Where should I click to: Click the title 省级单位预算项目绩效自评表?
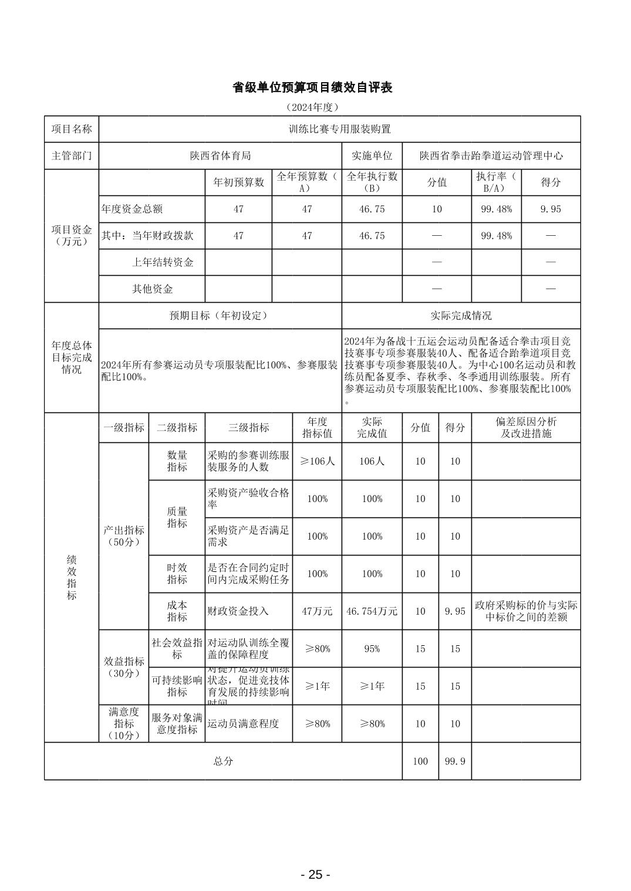click(x=312, y=87)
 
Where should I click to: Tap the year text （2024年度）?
click(x=312, y=107)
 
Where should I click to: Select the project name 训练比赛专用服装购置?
click(x=339, y=129)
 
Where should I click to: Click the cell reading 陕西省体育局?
click(x=220, y=156)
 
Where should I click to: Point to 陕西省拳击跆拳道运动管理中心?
click(x=491, y=156)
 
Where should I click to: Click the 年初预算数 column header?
click(x=238, y=182)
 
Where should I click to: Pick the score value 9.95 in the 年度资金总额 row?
click(x=551, y=209)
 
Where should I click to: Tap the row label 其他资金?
click(x=152, y=289)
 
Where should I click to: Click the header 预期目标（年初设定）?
click(x=220, y=316)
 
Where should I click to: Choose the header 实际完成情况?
click(x=461, y=316)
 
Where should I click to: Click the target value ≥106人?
click(x=317, y=461)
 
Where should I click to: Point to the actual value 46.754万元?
click(x=372, y=611)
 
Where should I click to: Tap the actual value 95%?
click(x=372, y=649)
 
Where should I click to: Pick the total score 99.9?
click(x=455, y=761)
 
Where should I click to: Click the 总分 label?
click(x=223, y=761)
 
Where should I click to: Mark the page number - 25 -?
click(x=315, y=875)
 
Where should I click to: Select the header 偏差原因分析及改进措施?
click(x=526, y=428)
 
